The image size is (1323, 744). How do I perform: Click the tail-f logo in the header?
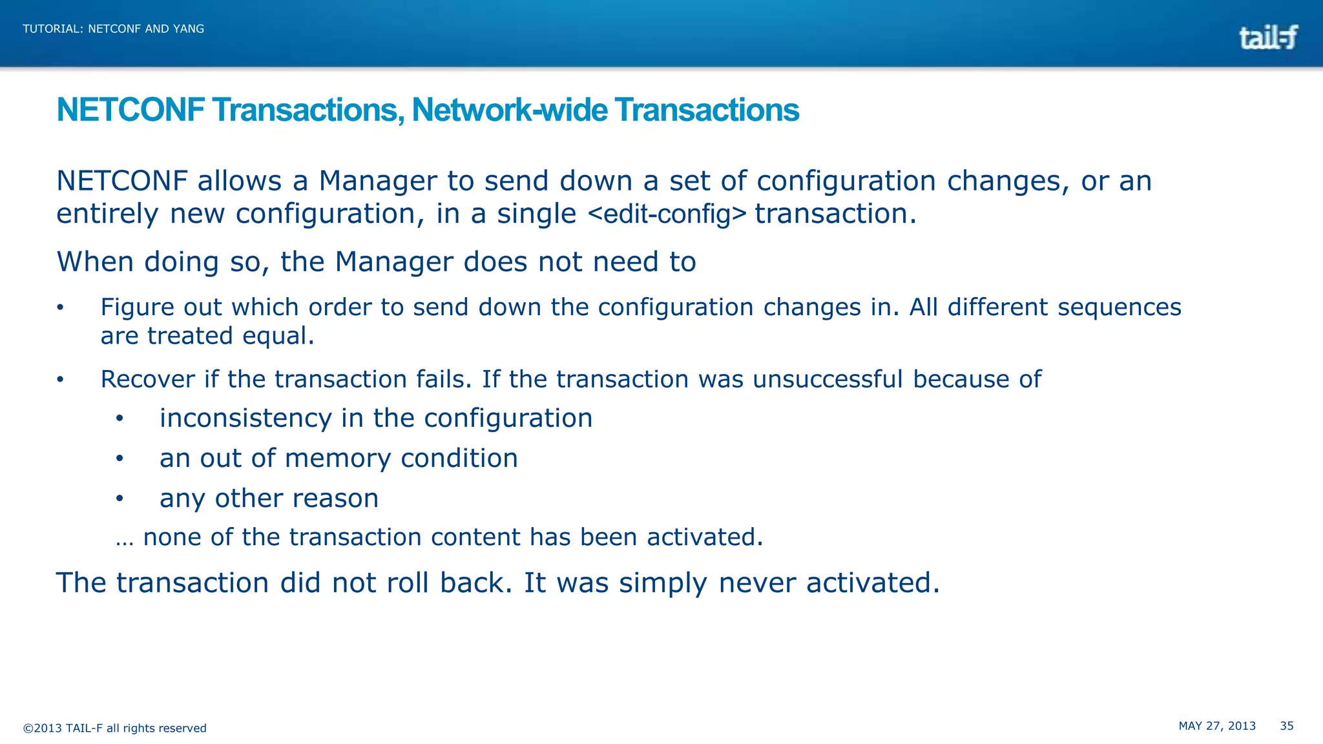pos(1267,37)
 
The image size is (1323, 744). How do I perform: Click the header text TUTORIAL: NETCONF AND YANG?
pos(114,29)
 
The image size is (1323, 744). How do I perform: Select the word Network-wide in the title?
pos(510,110)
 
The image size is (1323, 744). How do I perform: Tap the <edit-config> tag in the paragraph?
pos(667,214)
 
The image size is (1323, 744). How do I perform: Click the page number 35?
pos(1287,726)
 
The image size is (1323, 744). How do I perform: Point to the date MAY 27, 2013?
pos(1217,726)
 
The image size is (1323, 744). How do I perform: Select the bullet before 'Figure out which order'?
pos(60,308)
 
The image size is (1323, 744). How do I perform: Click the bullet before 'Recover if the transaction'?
pos(60,380)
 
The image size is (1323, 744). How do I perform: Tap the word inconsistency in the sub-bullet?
pos(245,418)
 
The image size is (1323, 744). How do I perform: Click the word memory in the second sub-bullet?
pos(337,459)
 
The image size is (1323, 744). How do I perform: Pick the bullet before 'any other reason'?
pos(120,499)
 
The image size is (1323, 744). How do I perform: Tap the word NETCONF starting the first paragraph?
pos(122,181)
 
